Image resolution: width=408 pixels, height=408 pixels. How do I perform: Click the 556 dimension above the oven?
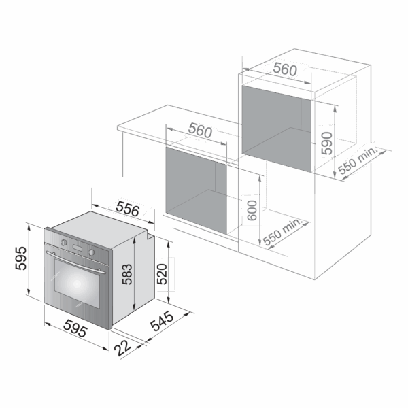(128, 209)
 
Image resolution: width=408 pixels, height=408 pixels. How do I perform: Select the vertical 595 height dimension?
(21, 258)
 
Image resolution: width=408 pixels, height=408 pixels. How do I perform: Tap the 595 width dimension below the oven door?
(75, 328)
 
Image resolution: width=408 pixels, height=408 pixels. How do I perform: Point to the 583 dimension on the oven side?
(128, 274)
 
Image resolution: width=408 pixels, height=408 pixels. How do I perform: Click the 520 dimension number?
(162, 274)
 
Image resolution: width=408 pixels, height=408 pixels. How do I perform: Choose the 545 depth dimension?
(162, 321)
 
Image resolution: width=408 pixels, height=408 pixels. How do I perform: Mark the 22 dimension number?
(122, 348)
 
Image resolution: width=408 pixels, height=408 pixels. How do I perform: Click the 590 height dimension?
(327, 143)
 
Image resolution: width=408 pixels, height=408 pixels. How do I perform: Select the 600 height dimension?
(252, 211)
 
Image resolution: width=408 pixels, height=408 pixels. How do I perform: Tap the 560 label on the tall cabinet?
(285, 69)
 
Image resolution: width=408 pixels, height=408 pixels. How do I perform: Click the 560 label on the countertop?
(200, 130)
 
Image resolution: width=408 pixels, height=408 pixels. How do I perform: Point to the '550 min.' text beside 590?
(358, 160)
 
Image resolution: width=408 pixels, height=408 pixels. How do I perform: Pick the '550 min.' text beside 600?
(283, 232)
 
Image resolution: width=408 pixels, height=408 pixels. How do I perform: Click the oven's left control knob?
(64, 243)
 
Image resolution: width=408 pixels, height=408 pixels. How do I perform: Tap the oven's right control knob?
(91, 252)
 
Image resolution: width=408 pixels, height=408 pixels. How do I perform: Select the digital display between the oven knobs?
(78, 248)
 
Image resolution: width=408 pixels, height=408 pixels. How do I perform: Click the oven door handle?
(75, 262)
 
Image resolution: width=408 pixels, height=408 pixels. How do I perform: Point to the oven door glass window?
(77, 284)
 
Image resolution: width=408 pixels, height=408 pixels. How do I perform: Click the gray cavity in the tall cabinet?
(277, 129)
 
